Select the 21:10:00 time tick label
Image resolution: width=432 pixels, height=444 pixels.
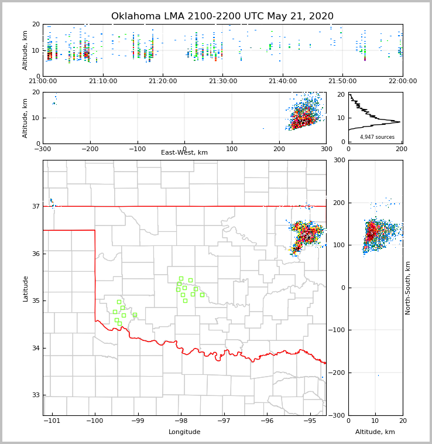pyautogui.click(x=103, y=81)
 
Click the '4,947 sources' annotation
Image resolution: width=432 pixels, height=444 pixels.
pyautogui.click(x=377, y=137)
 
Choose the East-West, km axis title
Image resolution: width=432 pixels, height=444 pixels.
pyautogui.click(x=184, y=153)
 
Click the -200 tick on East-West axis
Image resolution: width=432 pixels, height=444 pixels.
pyautogui.click(x=89, y=149)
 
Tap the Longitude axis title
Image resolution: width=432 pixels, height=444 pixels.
pyautogui.click(x=184, y=432)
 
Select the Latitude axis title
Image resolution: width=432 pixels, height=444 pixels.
pyautogui.click(x=26, y=288)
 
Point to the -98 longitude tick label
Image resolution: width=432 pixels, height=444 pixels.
pyautogui.click(x=180, y=421)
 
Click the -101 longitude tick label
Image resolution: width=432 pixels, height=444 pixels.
pyautogui.click(x=52, y=421)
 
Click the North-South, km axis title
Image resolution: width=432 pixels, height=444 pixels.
pyautogui.click(x=408, y=288)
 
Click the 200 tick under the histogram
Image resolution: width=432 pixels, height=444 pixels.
pyautogui.click(x=401, y=149)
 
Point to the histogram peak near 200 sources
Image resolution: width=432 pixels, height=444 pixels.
pyautogui.click(x=399, y=122)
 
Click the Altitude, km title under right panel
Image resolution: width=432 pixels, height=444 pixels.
pyautogui.click(x=375, y=432)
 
